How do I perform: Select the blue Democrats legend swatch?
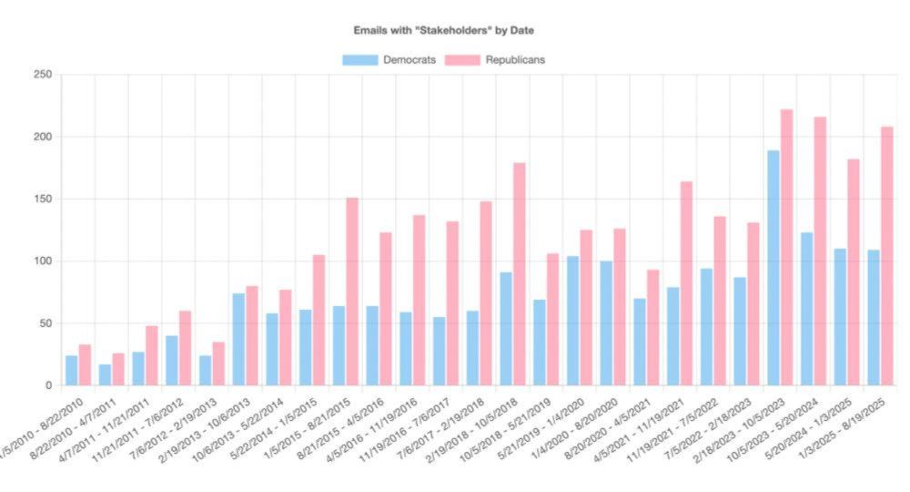point(360,60)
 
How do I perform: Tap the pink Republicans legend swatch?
point(463,60)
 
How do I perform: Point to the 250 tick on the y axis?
point(42,75)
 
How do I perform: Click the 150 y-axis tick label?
point(42,199)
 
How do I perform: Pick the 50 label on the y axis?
point(45,323)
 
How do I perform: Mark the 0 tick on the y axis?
point(48,385)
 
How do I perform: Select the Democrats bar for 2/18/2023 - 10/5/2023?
point(773,268)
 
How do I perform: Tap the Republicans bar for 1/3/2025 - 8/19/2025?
point(887,256)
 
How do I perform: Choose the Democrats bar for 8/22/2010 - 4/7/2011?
point(106,374)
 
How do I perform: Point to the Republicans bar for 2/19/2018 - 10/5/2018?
point(520,274)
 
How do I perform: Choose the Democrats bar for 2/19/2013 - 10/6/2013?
point(238,340)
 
